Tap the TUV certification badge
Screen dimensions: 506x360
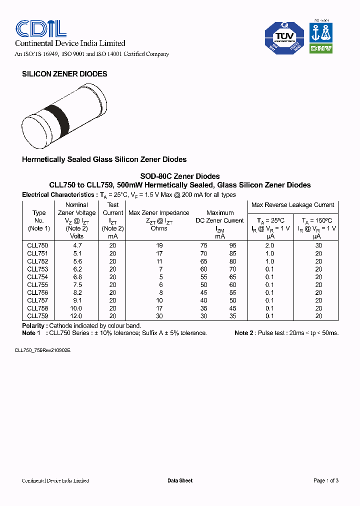click(283, 37)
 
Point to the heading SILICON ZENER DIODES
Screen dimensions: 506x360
click(64, 74)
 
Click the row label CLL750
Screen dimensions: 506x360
click(38, 245)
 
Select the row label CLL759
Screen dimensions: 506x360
click(38, 316)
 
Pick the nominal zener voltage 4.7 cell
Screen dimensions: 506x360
click(77, 245)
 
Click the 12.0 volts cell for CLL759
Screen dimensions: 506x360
click(77, 316)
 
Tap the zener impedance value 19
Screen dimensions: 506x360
click(159, 245)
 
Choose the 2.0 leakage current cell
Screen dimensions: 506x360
click(269, 245)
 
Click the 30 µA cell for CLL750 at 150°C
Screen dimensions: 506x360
click(318, 245)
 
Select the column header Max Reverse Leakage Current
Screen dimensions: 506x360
click(292, 205)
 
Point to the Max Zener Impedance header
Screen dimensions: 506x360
click(159, 213)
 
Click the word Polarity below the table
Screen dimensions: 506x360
click(33, 325)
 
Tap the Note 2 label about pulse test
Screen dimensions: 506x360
click(244, 333)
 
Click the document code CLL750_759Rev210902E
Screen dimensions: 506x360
click(42, 350)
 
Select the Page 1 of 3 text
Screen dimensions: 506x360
click(325, 480)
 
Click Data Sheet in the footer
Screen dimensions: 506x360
click(179, 480)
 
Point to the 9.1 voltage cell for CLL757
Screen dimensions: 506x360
click(77, 300)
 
